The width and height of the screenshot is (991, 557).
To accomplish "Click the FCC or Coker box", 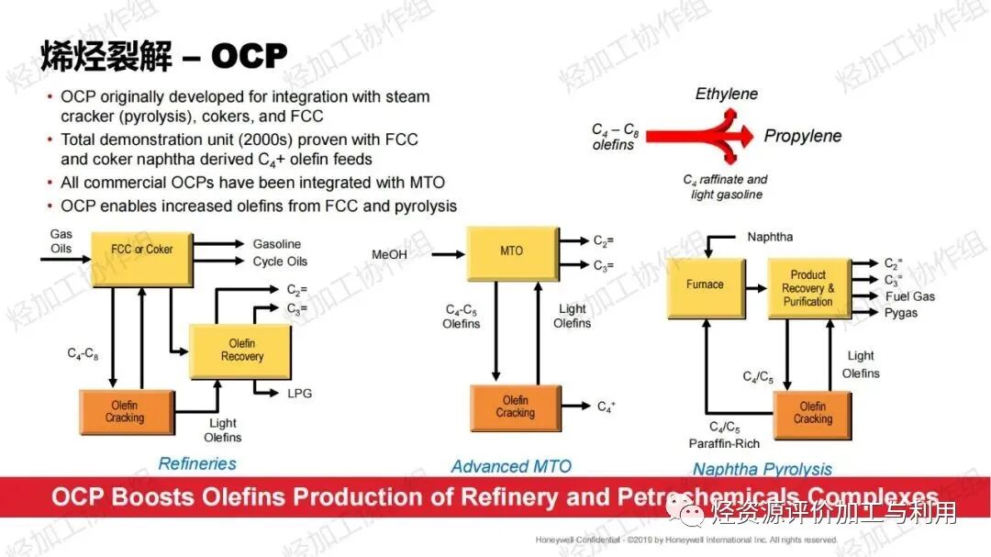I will (x=141, y=250).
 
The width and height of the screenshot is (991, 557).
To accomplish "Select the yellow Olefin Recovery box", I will (x=241, y=351).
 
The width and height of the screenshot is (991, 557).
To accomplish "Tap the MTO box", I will (x=511, y=251).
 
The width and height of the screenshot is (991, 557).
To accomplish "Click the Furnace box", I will (x=705, y=285).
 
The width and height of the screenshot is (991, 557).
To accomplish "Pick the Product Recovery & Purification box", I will (x=807, y=288).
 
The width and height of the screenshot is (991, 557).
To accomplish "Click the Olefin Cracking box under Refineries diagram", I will (x=125, y=412).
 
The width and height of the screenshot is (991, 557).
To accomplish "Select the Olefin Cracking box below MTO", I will (x=515, y=407).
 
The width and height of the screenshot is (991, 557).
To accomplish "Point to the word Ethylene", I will (x=726, y=94).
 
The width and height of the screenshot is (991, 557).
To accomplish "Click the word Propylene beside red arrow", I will (x=803, y=136).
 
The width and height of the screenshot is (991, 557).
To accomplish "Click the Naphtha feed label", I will (x=771, y=238).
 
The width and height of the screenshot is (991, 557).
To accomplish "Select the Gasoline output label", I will (x=276, y=244).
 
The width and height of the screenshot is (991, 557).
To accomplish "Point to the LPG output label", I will (x=299, y=394).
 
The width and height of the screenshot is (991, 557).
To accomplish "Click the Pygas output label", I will (x=900, y=313).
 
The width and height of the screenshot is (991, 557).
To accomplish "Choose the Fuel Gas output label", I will (x=909, y=296).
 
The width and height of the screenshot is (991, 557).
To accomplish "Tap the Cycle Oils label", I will (x=280, y=262).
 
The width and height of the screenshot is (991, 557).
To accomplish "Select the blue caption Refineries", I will (x=197, y=463).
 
